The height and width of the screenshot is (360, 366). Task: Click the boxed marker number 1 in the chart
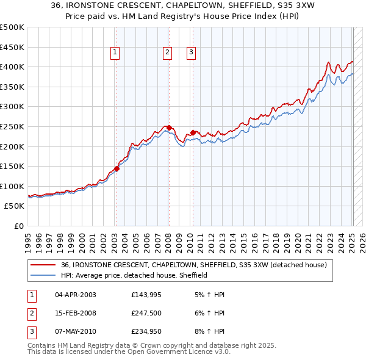pos(115,53)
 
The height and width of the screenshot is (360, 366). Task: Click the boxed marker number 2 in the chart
pos(167,53)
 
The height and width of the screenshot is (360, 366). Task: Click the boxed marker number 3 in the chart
pos(191,53)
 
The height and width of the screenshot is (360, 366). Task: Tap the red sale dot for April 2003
pos(117,169)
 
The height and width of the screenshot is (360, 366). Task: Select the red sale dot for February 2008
pos(168,128)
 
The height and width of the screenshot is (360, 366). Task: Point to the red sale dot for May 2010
pos(193,132)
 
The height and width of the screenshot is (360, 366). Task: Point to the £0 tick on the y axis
pos(20,226)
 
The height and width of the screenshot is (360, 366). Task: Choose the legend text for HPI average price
pos(134,275)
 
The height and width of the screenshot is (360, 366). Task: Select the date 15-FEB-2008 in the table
pos(75,314)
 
